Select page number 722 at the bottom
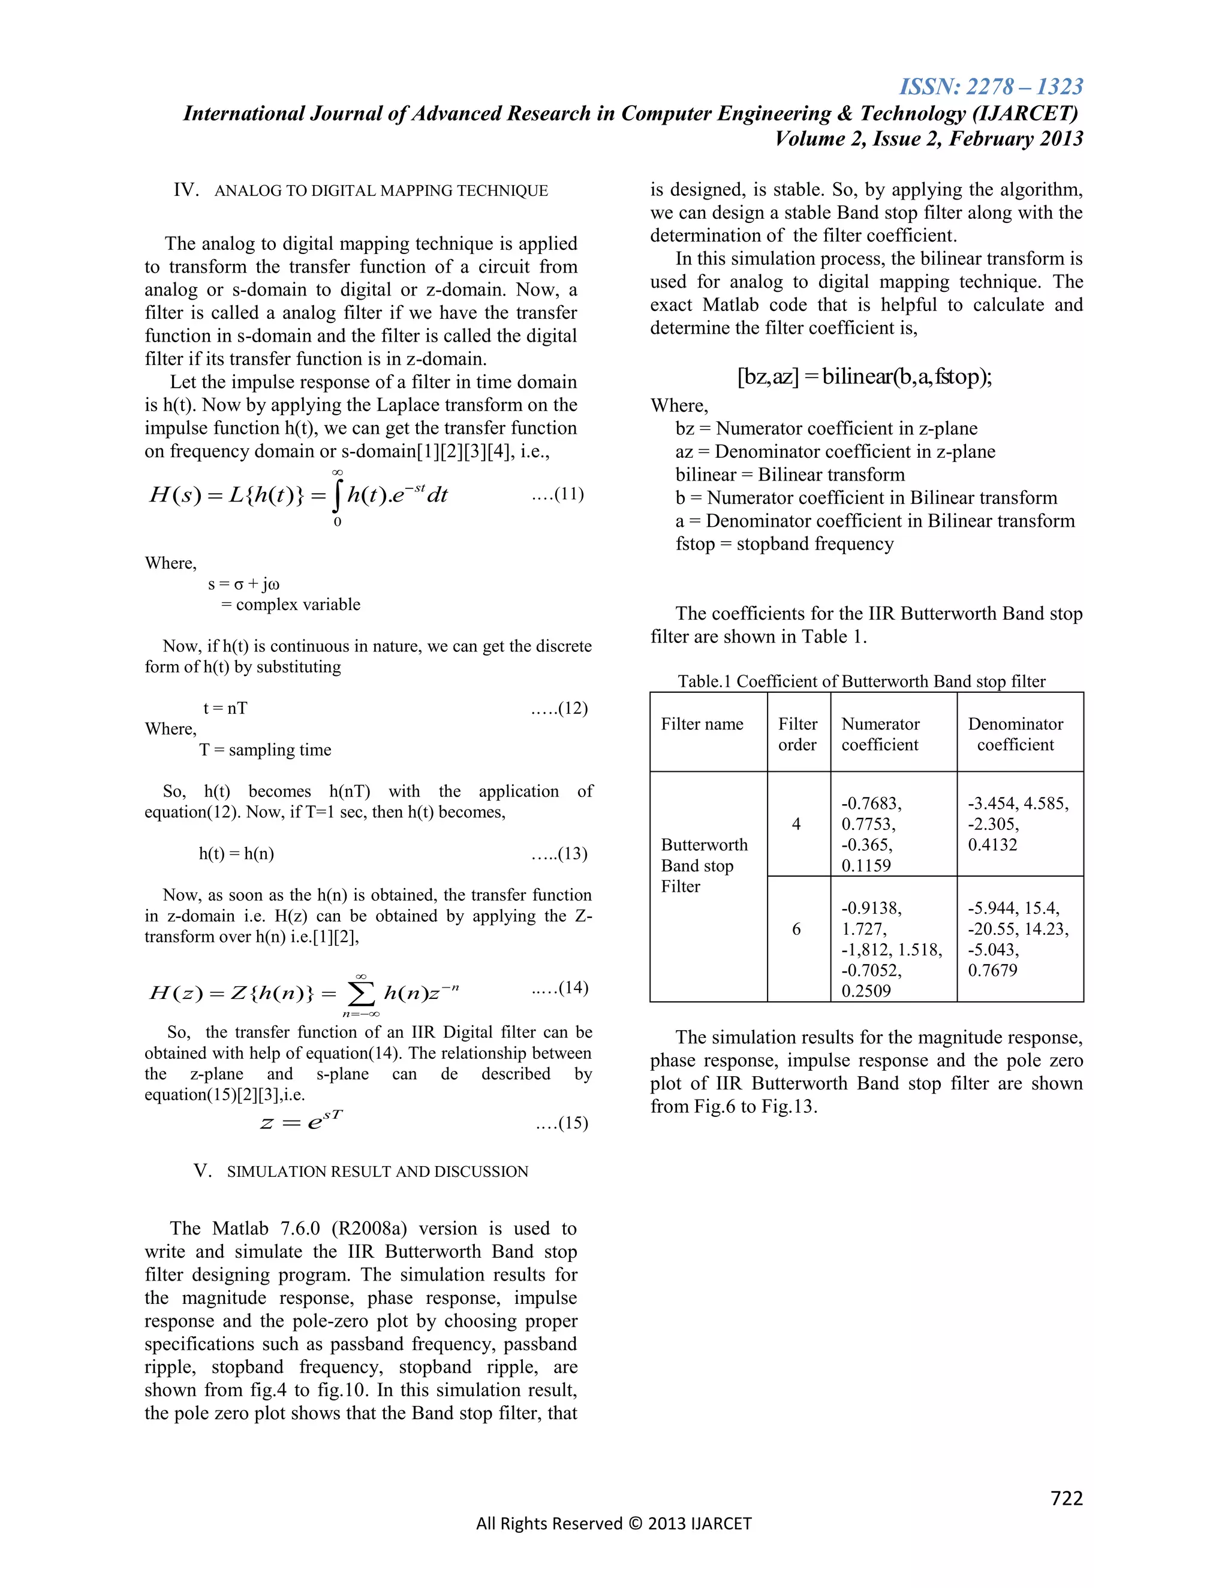pos(1067,1498)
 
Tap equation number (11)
pos(558,494)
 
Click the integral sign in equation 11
pos(337,497)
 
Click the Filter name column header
pos(702,724)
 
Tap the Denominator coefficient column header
pos(1016,735)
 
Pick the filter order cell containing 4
pos(797,824)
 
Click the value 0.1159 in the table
pos(866,865)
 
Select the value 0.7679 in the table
pos(992,970)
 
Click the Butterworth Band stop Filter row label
pos(703,865)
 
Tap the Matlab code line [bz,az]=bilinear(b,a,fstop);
pos(864,377)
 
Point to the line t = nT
pos(225,708)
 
